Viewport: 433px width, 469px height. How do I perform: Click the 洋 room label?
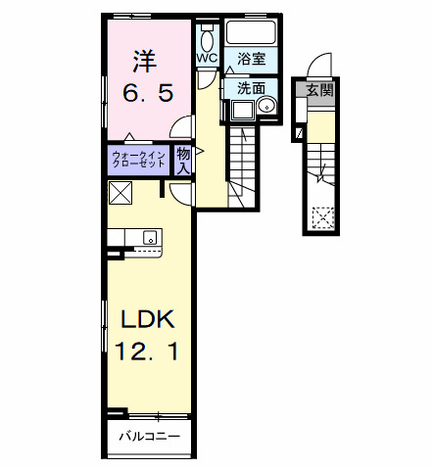145,61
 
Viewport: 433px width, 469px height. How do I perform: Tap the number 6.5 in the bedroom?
148,93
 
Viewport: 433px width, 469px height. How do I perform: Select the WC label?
207,58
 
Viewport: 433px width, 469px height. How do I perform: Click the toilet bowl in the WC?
207,40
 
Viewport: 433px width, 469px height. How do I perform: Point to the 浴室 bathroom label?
251,59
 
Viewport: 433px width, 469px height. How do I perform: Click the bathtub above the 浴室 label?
251,32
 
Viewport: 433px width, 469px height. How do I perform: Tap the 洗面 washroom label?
251,88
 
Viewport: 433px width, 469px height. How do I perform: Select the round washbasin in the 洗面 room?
266,106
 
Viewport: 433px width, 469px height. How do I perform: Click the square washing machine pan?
242,110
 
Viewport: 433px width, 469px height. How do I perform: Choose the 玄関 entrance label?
320,89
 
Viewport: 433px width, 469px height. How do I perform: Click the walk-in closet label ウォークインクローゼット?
138,160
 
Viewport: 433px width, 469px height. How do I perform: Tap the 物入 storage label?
183,161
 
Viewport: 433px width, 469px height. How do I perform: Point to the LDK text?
148,319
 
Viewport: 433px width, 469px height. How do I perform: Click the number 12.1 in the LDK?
147,351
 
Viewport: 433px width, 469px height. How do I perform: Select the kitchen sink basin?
150,237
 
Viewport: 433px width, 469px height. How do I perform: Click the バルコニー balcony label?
149,436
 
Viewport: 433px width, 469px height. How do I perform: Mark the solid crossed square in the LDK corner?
120,193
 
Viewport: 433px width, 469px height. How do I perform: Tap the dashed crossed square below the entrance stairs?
323,217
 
